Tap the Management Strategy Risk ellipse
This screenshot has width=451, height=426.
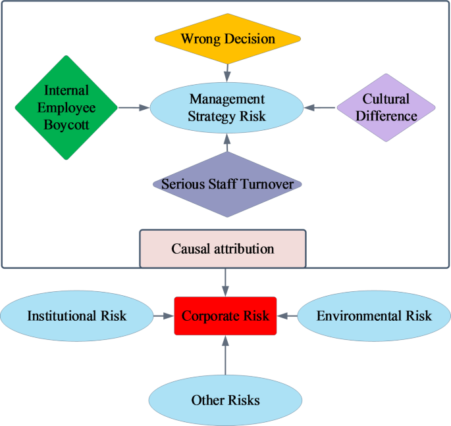(x=226, y=108)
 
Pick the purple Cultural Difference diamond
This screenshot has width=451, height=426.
(x=386, y=108)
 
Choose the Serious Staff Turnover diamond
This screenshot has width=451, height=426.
(x=226, y=184)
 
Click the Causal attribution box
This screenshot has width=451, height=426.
(x=223, y=248)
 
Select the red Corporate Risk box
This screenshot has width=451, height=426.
(x=225, y=316)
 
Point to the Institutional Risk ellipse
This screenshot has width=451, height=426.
(x=76, y=316)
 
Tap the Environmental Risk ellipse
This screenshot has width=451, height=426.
(x=374, y=316)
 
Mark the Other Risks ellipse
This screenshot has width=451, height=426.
(x=225, y=400)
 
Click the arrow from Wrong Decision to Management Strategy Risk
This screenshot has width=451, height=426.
(x=226, y=72)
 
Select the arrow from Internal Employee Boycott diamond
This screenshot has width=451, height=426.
(x=134, y=107)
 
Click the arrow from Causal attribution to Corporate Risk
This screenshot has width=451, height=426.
(x=226, y=281)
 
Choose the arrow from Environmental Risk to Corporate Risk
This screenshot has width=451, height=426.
(x=287, y=316)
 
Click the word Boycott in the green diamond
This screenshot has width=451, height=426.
(x=65, y=122)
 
